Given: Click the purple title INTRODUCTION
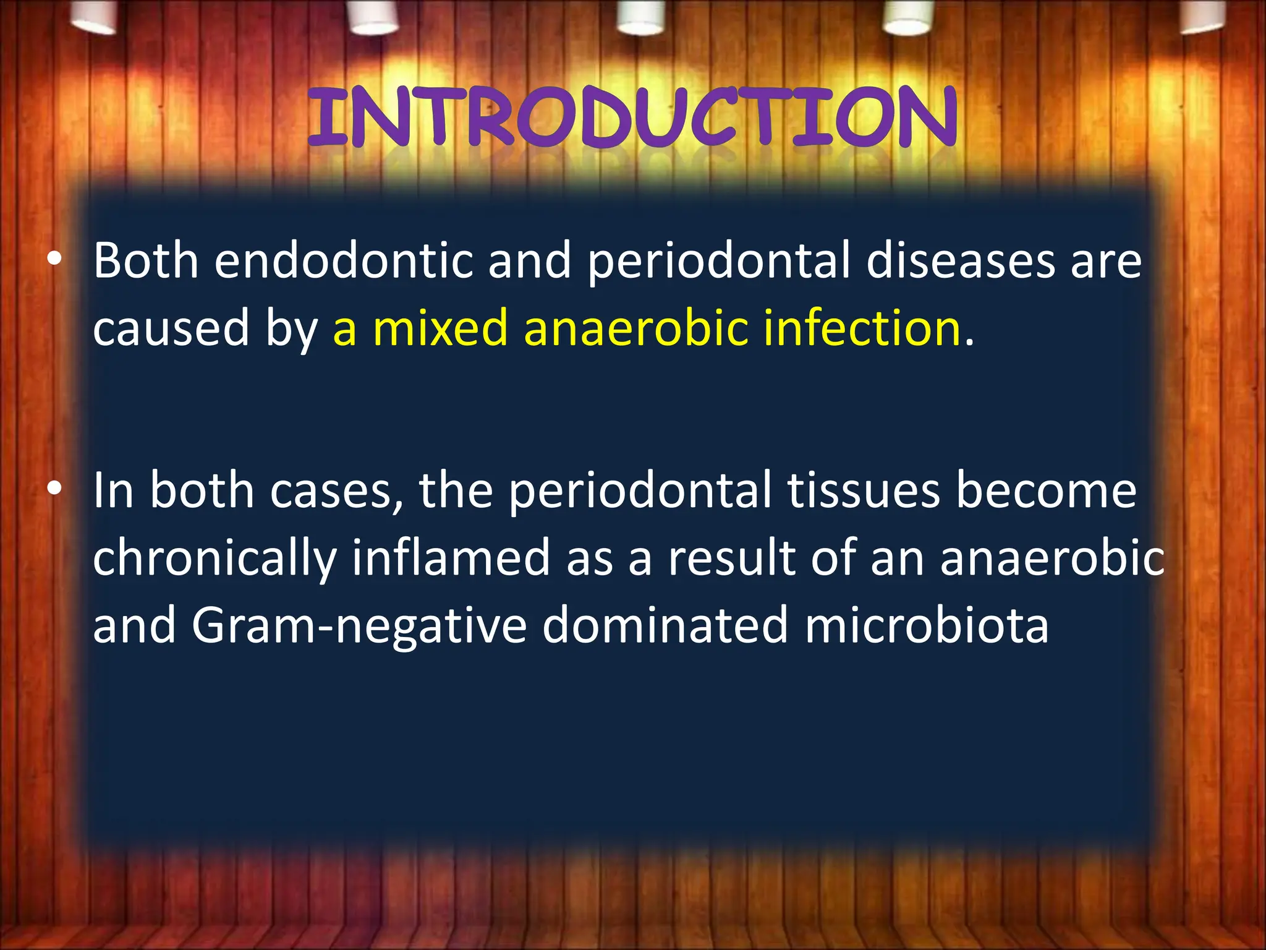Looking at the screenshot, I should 632,118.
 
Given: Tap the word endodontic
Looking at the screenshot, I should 343,261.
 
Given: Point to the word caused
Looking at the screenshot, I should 171,328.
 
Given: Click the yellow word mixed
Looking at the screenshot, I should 440,328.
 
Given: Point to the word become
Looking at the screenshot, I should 1046,490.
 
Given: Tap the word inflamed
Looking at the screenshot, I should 451,557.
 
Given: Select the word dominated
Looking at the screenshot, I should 665,625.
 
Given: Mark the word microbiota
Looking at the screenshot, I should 927,625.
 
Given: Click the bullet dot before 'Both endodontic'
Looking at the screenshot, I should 54,260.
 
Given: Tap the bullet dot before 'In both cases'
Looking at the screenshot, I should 54,489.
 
